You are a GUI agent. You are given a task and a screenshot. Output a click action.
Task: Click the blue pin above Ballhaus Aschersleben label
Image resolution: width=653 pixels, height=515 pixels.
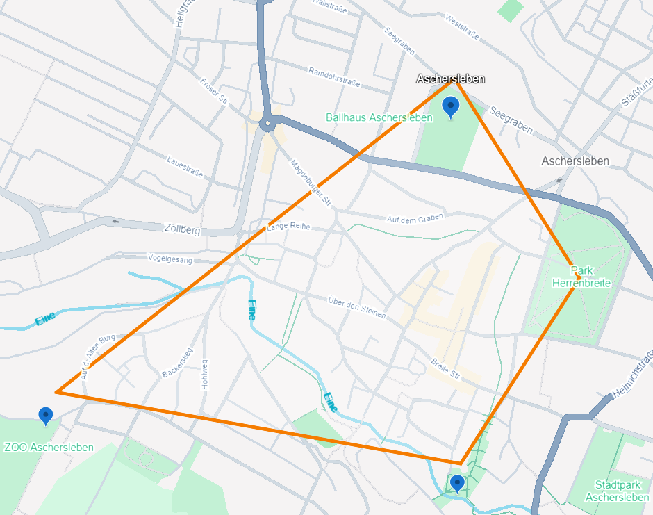[x=451, y=106]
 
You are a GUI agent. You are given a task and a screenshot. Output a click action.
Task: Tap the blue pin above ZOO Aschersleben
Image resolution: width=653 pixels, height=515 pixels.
[x=46, y=415]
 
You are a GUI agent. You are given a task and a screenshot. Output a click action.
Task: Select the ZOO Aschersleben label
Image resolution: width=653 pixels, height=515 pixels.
[x=49, y=448]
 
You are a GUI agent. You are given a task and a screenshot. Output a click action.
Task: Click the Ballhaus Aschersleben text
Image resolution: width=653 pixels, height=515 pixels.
[x=379, y=117]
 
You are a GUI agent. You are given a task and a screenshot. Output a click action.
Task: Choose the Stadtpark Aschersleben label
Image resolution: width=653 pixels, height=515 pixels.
[x=617, y=491]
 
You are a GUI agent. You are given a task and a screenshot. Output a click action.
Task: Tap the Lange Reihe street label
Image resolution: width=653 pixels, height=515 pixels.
[x=288, y=228]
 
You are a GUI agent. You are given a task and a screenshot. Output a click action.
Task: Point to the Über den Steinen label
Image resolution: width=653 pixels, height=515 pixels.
[x=357, y=308]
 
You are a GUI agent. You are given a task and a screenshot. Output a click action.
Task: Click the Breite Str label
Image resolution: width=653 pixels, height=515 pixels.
[x=446, y=368]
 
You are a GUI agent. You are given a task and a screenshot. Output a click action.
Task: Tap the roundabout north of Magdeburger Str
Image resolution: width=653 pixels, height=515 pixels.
[x=267, y=125]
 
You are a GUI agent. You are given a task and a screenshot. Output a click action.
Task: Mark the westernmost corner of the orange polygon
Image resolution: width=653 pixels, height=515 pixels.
[x=57, y=392]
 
